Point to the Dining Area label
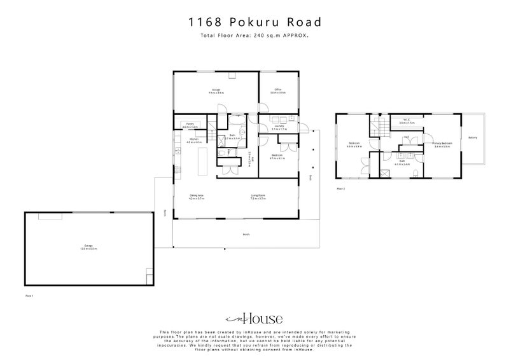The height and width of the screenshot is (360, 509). coord(196,197)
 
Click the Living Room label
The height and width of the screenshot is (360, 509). coord(257,197)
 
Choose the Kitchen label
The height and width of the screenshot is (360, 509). coord(195,140)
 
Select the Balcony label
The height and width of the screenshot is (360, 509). coord(473,137)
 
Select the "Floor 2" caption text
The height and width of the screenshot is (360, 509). coord(340,189)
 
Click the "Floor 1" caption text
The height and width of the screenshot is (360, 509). coord(29,296)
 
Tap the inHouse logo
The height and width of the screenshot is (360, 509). coord(254,319)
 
